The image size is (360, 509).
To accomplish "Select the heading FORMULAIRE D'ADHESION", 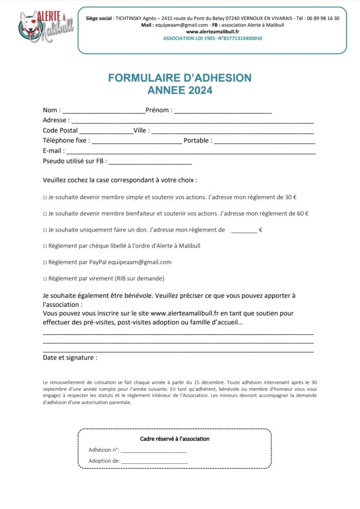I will coord(180,78).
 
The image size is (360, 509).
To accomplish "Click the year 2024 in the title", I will coord(200,90).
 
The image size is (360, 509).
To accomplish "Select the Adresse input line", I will coord(193,121).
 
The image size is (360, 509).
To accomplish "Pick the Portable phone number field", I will coord(265,142).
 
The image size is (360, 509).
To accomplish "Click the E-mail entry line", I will coord(191,152).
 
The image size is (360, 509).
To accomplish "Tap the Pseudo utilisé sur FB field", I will coord(150,162).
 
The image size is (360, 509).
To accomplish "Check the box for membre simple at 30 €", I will coord(45,197).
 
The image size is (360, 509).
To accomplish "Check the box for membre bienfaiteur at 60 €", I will coord(45,214).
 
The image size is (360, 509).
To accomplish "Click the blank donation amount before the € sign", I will coord(244,231).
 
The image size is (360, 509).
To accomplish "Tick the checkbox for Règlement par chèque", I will coord(45,246).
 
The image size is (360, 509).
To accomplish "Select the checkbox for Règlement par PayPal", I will coord(45,262).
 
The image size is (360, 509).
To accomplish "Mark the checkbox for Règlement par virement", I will coord(45,279).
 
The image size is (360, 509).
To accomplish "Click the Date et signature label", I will coord(70,357).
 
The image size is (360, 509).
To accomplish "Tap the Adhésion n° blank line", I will coord(154,450).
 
